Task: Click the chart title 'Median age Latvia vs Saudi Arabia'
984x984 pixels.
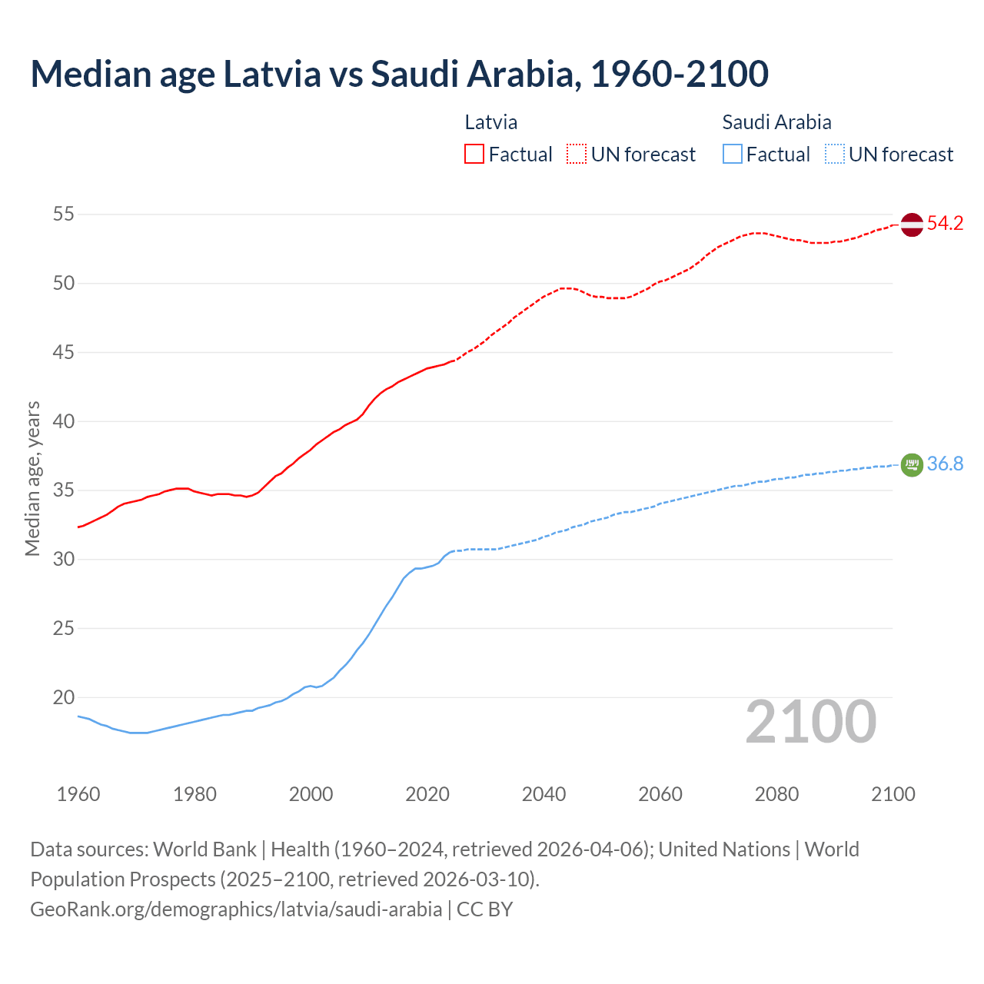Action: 399,74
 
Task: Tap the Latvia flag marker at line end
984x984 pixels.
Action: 911,224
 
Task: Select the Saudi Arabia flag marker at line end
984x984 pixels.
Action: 911,464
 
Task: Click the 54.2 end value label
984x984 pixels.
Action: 945,224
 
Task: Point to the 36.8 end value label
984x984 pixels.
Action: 945,464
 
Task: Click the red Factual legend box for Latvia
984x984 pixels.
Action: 474,154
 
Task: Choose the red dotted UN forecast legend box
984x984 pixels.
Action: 577,154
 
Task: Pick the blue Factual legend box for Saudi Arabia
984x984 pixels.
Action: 733,154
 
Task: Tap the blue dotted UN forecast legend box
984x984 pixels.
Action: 835,154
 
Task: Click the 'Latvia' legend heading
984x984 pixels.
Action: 490,122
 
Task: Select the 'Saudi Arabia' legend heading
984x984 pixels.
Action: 776,122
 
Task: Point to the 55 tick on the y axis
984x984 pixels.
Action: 64,214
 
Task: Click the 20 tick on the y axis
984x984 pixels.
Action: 64,697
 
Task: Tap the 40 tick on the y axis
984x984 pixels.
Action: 64,421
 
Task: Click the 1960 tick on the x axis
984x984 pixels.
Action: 78,794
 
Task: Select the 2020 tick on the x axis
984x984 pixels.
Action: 427,794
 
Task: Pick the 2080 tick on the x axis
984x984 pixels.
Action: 776,794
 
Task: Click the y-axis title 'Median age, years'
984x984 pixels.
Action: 32,478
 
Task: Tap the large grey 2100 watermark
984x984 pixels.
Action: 810,722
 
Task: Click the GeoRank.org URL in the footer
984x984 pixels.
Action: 236,909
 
